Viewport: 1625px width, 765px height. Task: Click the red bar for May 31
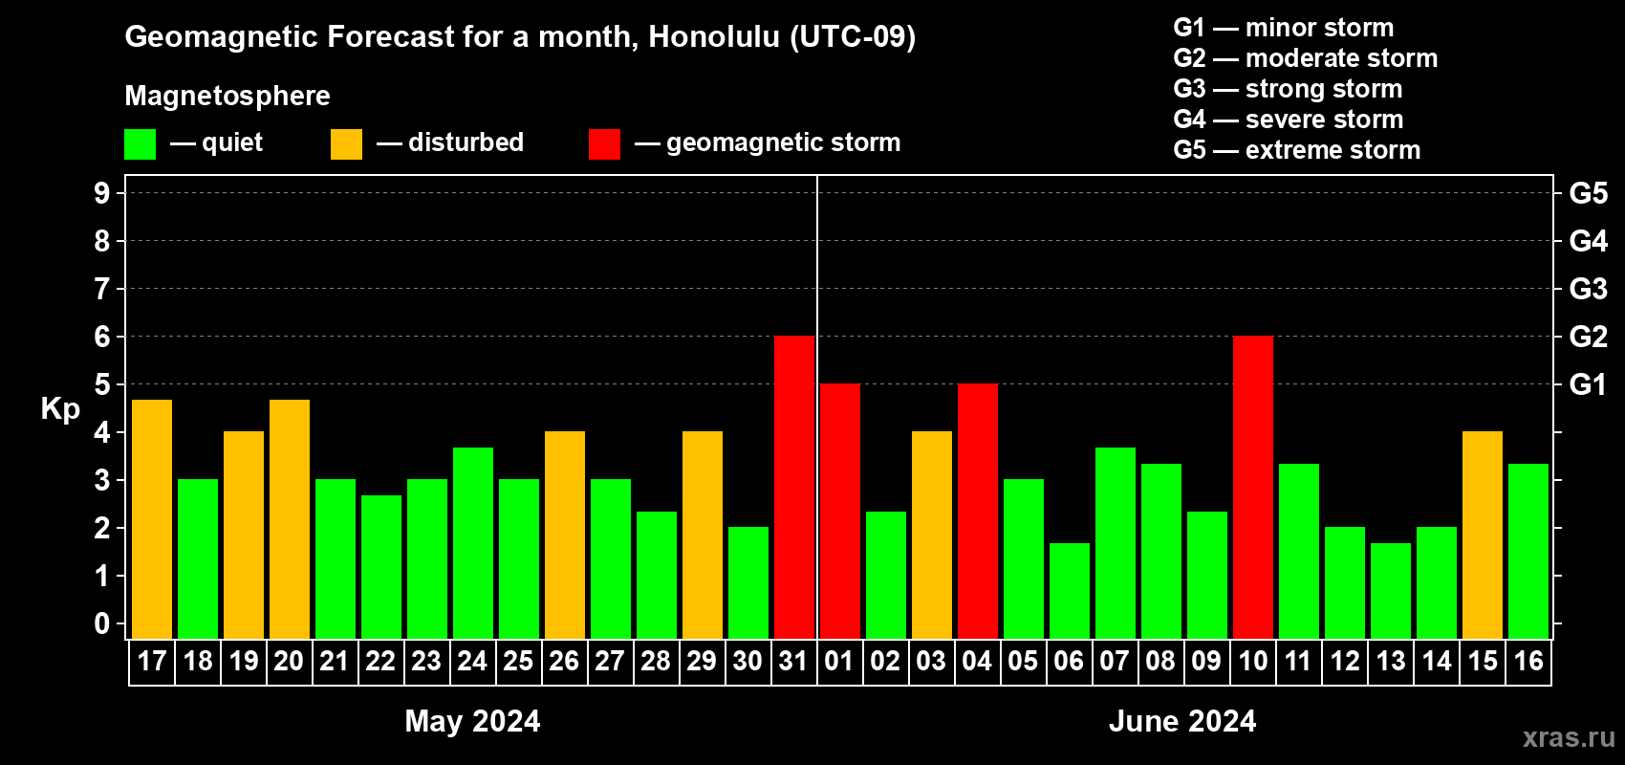794,487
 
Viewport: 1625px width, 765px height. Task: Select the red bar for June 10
1253,487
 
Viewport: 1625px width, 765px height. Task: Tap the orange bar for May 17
152,519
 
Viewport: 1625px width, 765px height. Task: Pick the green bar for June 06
1070,591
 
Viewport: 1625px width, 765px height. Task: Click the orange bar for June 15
1482,535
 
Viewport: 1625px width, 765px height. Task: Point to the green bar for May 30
747,582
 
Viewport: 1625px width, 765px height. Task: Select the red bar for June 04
978,511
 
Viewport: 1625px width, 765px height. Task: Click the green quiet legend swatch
140,143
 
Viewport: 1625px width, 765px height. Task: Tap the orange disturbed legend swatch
346,143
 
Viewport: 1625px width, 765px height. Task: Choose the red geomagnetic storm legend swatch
604,143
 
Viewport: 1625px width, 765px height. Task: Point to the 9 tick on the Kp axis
101,193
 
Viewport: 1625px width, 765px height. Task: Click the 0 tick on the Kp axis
101,623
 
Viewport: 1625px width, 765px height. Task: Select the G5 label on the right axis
1589,193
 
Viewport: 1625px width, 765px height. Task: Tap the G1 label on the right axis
1588,384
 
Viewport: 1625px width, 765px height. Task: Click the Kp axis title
60,409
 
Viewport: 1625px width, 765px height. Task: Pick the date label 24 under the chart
472,661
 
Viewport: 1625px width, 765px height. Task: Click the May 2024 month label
472,721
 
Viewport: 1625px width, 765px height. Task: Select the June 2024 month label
1182,721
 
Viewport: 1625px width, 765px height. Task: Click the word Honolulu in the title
714,36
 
